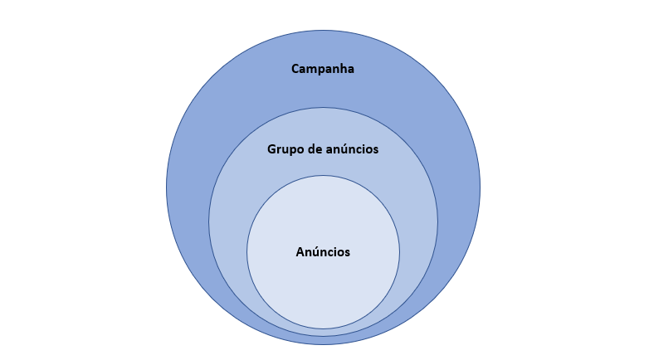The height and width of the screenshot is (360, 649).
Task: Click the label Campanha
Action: pyautogui.click(x=323, y=69)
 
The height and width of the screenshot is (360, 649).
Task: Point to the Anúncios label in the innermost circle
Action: pyautogui.click(x=323, y=251)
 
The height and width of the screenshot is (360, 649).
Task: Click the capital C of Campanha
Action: pyautogui.click(x=295, y=69)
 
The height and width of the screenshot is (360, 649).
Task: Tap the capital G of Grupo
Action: pyautogui.click(x=271, y=149)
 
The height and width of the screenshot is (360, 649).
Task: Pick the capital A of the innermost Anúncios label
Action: pyautogui.click(x=300, y=252)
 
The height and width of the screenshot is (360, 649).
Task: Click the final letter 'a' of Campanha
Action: pyautogui.click(x=350, y=70)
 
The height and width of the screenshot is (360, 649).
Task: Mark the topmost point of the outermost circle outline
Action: pyautogui.click(x=324, y=30)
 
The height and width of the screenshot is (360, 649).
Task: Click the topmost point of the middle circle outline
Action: pyautogui.click(x=324, y=108)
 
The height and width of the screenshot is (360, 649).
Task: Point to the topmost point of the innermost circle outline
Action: pyautogui.click(x=324, y=176)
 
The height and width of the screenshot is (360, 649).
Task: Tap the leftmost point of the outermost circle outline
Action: pyautogui.click(x=166, y=187)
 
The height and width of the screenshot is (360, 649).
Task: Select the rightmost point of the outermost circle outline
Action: pyautogui.click(x=481, y=187)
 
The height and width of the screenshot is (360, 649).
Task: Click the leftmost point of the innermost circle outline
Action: pyautogui.click(x=247, y=252)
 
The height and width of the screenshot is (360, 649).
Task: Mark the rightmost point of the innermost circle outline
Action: pyautogui.click(x=399, y=252)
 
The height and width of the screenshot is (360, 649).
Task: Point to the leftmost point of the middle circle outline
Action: pyautogui.click(x=208, y=221)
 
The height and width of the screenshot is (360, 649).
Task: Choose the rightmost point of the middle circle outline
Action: pyautogui.click(x=437, y=221)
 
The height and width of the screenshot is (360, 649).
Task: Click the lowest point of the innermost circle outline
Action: pyautogui.click(x=324, y=328)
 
